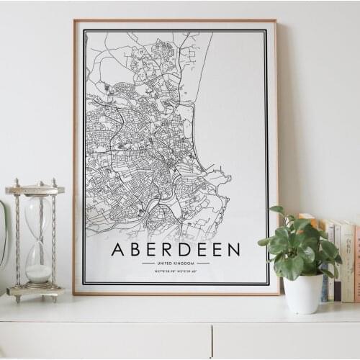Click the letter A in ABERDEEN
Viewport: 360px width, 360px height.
[x=119, y=250]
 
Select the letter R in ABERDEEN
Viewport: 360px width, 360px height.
[x=168, y=250]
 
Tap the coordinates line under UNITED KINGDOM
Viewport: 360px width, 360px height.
[x=176, y=271]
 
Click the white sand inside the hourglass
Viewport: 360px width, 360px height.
[x=38, y=273]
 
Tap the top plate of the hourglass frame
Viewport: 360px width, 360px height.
[x=35, y=190]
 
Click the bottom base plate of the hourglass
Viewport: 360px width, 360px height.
[x=35, y=291]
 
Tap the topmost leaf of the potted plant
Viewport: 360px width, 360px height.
[x=277, y=210]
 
